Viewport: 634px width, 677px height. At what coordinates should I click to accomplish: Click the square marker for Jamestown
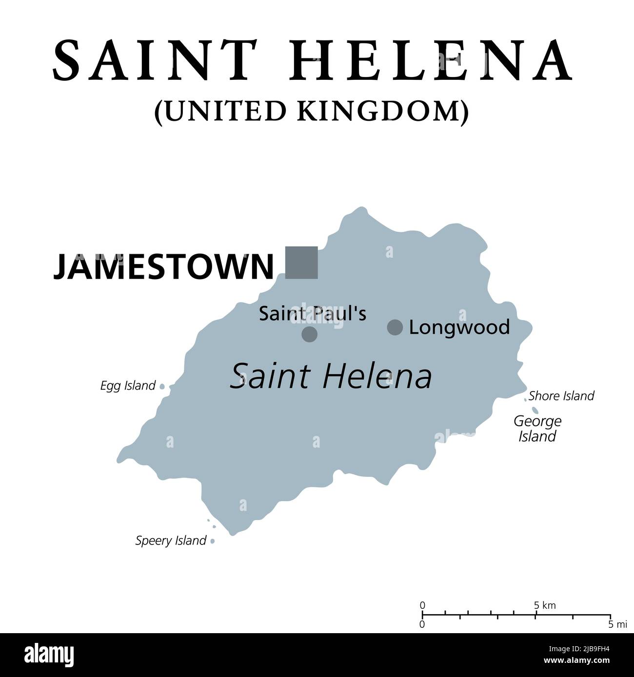(x=301, y=263)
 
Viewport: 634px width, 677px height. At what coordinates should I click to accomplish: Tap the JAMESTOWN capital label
(x=163, y=266)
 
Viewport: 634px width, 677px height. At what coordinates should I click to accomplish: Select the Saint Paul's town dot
(x=309, y=334)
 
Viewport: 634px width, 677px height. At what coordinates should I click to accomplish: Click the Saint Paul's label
(x=312, y=314)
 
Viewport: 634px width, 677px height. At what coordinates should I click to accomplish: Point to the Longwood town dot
(x=395, y=327)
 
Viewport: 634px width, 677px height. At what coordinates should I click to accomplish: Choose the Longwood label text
(x=459, y=327)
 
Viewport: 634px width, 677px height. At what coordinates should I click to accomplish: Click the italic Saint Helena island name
(x=331, y=376)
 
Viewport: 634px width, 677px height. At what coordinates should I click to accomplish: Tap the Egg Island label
(x=127, y=386)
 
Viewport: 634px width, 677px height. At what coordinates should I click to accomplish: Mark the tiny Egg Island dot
(x=162, y=387)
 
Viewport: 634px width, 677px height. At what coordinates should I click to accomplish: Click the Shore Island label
(x=561, y=395)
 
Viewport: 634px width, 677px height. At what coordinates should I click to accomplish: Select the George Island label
(x=537, y=428)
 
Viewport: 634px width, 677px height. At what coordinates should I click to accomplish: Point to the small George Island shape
(x=535, y=410)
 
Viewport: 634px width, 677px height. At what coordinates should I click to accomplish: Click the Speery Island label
(x=171, y=540)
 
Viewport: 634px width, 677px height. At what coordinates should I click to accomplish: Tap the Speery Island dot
(x=213, y=541)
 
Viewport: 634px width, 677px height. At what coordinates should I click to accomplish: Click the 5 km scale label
(x=545, y=605)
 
